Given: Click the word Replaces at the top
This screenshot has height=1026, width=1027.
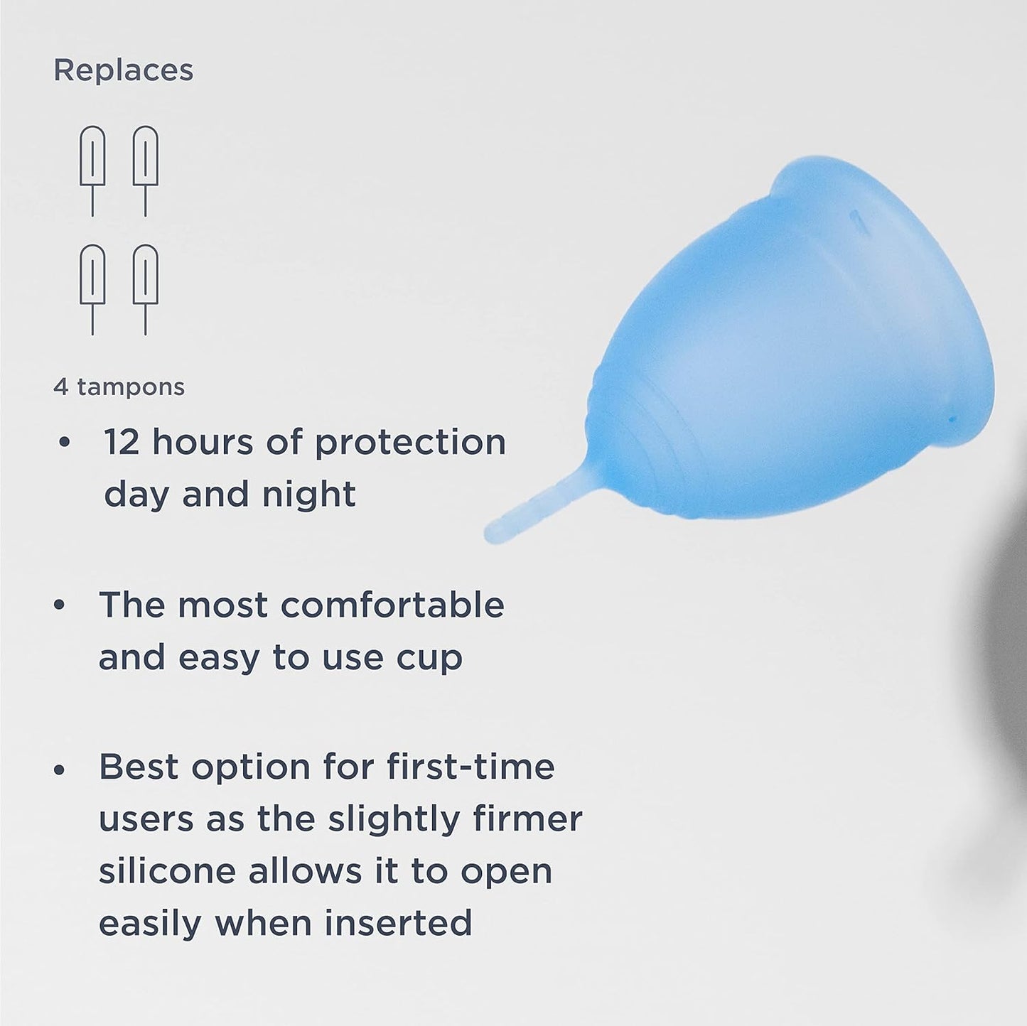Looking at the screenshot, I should tap(124, 70).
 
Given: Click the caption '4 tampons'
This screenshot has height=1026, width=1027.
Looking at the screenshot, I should tap(119, 387).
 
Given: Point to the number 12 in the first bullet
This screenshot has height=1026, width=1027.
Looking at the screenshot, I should tap(122, 442).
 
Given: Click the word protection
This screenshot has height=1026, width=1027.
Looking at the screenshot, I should tap(410, 443).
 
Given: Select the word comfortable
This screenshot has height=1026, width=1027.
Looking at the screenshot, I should tap(392, 605).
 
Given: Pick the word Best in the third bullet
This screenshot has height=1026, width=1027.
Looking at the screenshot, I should tap(139, 767).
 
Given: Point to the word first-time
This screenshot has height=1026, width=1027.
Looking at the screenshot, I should tap(471, 767).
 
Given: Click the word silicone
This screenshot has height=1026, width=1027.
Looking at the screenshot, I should tap(167, 871).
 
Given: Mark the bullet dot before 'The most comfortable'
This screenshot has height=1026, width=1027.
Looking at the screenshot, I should tap(60, 605).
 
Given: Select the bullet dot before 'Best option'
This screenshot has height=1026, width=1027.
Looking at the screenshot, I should tap(60, 768).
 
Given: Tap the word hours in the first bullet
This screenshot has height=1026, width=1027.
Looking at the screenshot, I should tap(203, 442).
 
